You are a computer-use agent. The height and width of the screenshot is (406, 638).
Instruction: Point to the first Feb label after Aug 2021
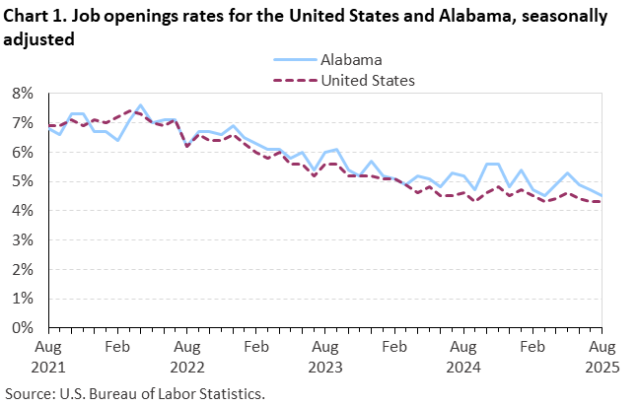pos(117,347)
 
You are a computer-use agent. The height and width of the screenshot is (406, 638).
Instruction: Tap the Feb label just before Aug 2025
pos(532,347)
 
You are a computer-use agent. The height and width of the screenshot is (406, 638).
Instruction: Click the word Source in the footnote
pos(30,392)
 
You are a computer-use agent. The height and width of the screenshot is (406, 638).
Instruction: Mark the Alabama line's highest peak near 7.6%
pos(140,104)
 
